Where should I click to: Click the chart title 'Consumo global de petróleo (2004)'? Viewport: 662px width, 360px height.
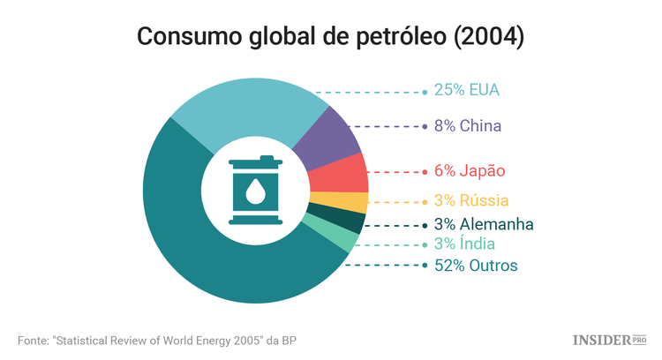pos(330,37)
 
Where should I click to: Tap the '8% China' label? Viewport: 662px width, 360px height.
pos(468,126)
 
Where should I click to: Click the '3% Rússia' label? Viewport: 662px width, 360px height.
pos(470,200)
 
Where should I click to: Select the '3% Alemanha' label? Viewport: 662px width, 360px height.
pos(484,223)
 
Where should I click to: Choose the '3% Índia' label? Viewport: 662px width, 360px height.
pos(464,244)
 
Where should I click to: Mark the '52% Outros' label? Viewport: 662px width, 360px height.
pos(476,265)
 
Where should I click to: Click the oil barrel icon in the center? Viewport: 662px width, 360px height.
pos(255,191)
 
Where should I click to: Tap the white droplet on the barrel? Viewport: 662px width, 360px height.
pos(255,192)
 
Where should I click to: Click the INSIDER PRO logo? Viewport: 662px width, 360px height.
pos(610,339)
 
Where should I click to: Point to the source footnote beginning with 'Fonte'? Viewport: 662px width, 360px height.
pos(163,340)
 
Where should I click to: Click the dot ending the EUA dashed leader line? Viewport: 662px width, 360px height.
pos(425,91)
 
